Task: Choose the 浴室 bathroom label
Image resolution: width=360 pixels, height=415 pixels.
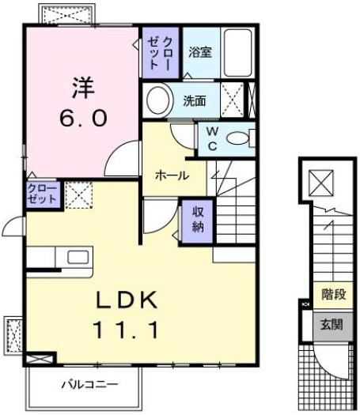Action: click(199, 52)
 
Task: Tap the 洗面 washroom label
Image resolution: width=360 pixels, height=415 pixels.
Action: click(195, 101)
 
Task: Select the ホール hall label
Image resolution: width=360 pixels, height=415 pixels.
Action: click(171, 175)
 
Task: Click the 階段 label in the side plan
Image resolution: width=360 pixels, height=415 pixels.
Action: click(332, 296)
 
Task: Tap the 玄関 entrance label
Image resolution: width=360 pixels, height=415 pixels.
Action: click(332, 324)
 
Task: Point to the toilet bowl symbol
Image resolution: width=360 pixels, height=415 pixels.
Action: click(240, 140)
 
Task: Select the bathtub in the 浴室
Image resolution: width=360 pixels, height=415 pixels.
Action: click(237, 51)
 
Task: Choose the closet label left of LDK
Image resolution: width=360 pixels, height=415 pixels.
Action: click(41, 194)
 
